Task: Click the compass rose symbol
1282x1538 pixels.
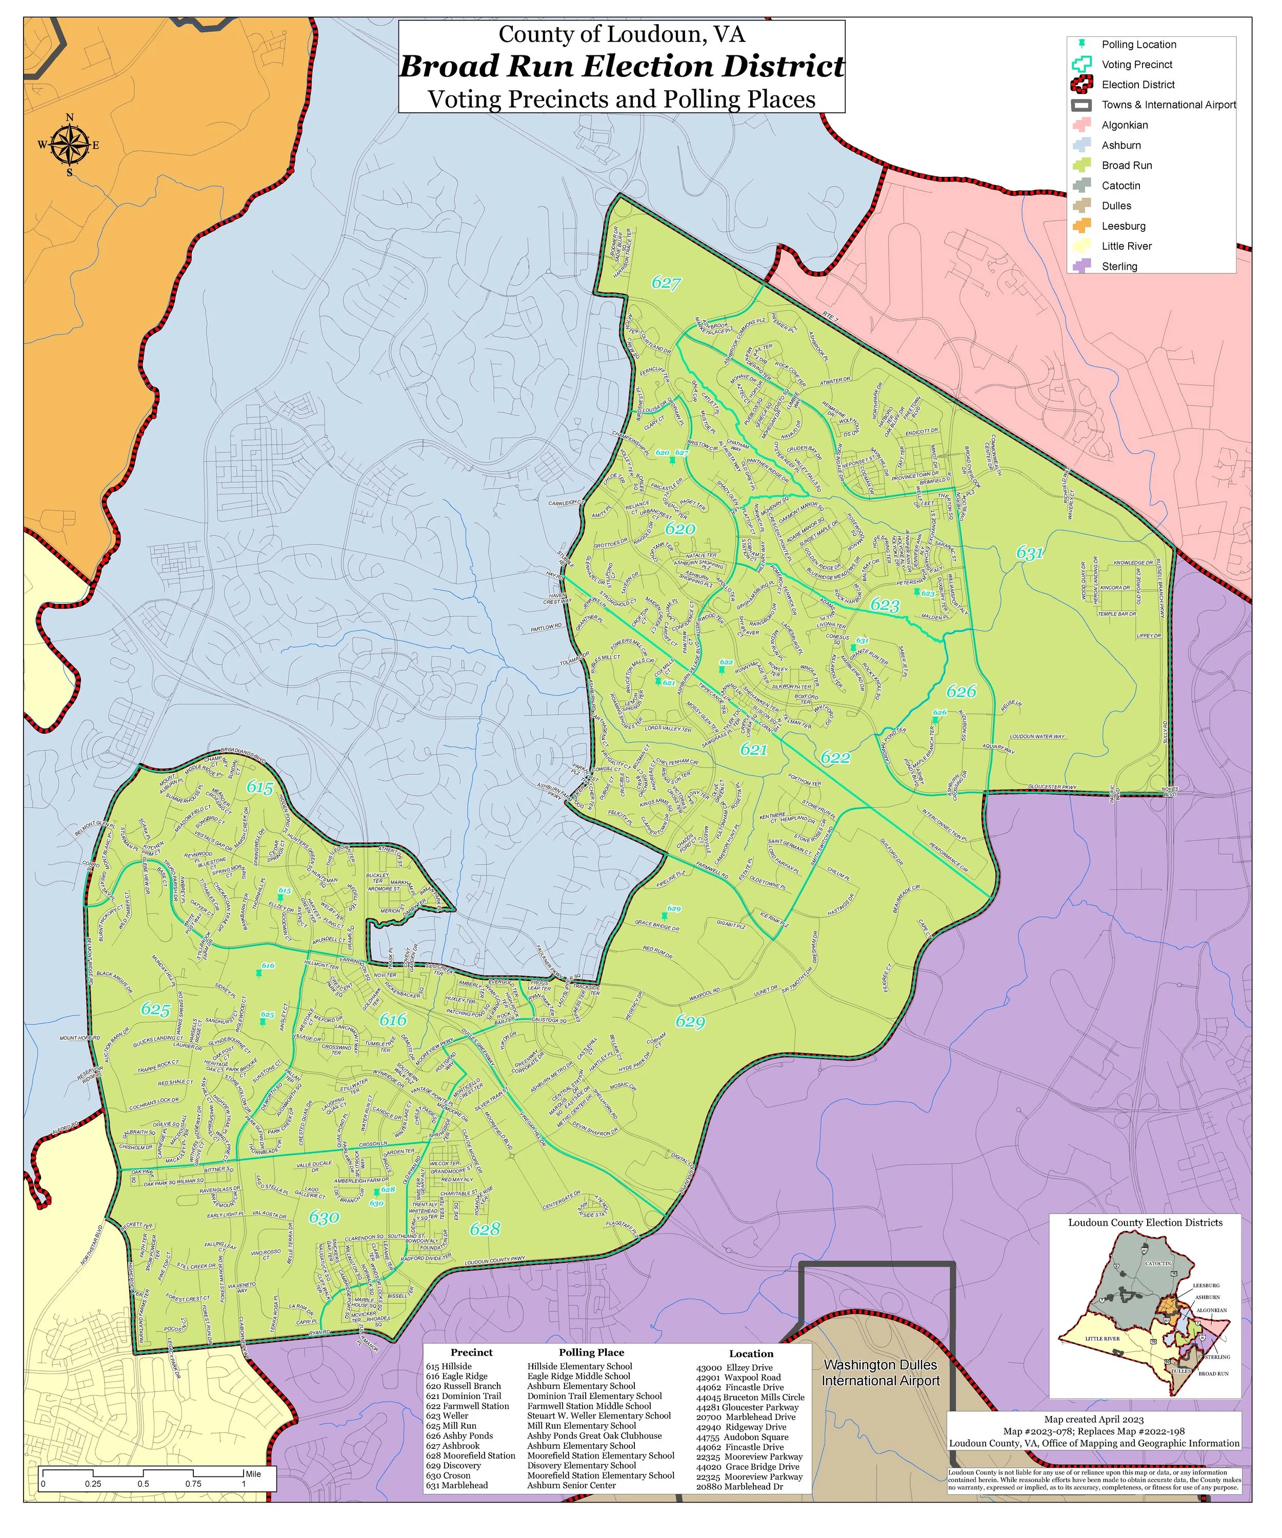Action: click(70, 144)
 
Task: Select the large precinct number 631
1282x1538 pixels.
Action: click(1029, 553)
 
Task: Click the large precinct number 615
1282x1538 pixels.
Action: click(259, 788)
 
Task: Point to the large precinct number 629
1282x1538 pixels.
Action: click(690, 1022)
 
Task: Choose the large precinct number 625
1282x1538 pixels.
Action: click(155, 1010)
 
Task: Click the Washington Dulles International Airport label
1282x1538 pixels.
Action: click(880, 1373)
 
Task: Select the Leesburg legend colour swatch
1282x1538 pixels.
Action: click(1083, 226)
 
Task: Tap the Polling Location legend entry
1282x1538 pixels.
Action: click(1138, 45)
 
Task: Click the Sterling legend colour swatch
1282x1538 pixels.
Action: click(1083, 267)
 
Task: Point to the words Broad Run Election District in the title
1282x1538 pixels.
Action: click(621, 67)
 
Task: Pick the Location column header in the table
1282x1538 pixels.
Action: click(751, 1353)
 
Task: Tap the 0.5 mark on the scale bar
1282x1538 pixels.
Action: click(143, 1484)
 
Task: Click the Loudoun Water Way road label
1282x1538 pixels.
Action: click(1037, 736)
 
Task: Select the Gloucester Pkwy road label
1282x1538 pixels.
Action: click(1052, 787)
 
